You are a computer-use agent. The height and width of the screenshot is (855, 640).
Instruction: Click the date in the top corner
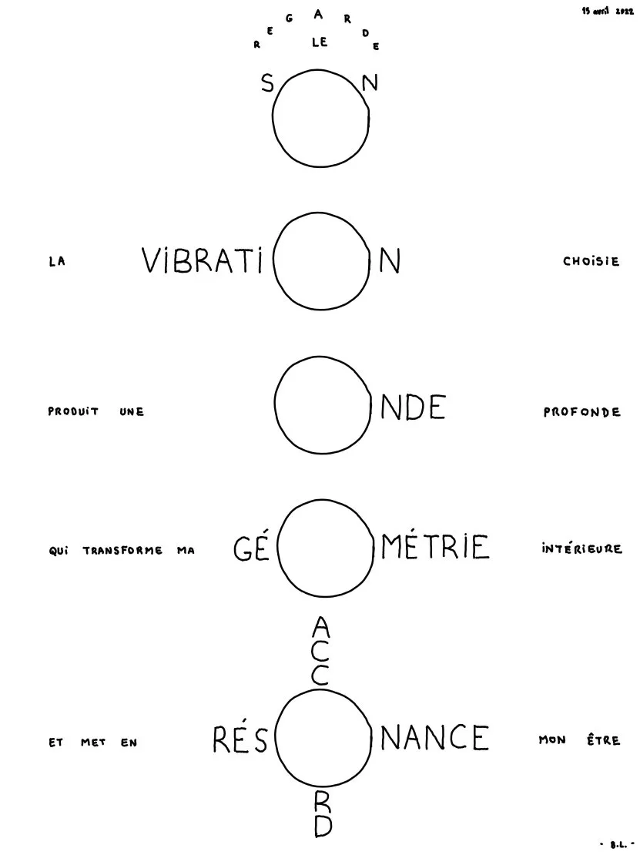608,11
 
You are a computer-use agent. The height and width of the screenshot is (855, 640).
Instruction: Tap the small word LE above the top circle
320,42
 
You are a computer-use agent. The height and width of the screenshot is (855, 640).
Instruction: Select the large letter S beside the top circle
267,83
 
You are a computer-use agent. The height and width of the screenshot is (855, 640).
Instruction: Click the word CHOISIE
591,261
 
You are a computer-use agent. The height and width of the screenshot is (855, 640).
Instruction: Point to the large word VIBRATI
202,260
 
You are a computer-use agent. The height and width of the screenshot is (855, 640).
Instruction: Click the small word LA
57,261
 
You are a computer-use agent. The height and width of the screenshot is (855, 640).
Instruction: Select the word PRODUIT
73,411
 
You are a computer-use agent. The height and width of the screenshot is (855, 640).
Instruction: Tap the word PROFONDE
581,411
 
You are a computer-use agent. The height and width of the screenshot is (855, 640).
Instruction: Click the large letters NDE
414,407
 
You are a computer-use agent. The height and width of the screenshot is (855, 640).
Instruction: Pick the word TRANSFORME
122,550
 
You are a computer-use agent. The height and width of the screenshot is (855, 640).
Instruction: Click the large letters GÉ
252,548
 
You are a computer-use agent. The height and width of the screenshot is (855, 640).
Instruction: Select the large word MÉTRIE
435,546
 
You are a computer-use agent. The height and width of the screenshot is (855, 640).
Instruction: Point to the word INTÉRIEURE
581,548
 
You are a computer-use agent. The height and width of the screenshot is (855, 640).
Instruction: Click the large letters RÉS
240,739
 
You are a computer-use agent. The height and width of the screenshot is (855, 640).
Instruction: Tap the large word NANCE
434,738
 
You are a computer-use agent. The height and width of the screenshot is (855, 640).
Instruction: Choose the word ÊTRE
604,740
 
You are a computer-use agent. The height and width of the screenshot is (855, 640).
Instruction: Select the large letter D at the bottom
323,826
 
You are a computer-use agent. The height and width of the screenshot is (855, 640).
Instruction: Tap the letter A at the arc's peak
318,15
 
